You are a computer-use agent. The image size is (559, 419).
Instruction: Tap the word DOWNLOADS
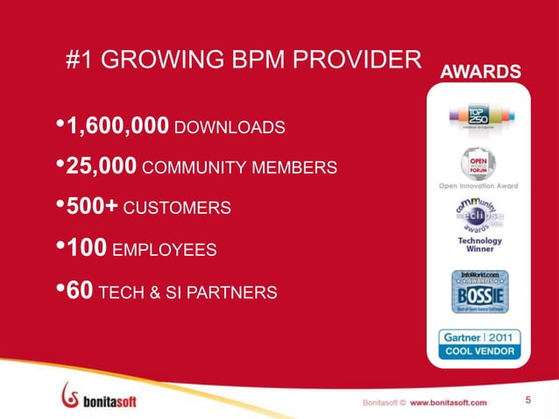coord(230,129)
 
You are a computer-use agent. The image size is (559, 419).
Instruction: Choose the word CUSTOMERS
coord(178,209)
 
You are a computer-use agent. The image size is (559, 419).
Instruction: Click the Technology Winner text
coord(479,245)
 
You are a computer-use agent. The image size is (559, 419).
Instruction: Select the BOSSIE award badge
coord(478,294)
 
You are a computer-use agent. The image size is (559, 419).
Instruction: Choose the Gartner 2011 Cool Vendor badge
coord(478,344)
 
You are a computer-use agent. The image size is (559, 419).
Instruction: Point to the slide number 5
coord(528,401)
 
